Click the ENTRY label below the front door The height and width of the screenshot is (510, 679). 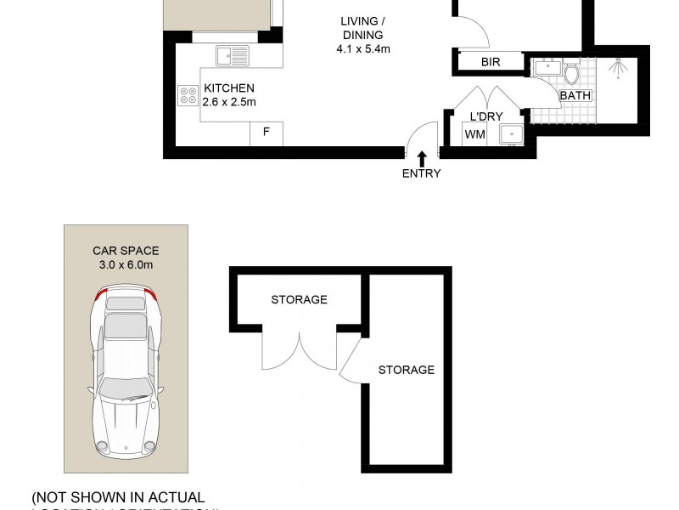[422, 174]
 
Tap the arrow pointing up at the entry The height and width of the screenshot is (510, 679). [422, 157]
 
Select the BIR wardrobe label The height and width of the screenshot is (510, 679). [490, 63]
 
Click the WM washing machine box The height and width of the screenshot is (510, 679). [474, 134]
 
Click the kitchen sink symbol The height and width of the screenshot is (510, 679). [232, 56]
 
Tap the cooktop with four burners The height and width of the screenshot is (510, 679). [188, 95]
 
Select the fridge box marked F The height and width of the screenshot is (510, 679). [267, 133]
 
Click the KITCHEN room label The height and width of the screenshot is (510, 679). [228, 88]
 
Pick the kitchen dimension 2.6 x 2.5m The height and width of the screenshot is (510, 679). [228, 103]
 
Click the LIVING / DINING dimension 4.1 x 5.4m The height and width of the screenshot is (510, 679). [362, 49]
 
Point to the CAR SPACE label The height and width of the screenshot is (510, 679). [126, 251]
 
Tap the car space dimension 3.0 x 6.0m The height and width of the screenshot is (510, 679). [126, 265]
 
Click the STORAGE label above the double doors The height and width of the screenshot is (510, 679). [299, 300]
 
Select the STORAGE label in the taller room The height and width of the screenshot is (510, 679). [406, 370]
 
